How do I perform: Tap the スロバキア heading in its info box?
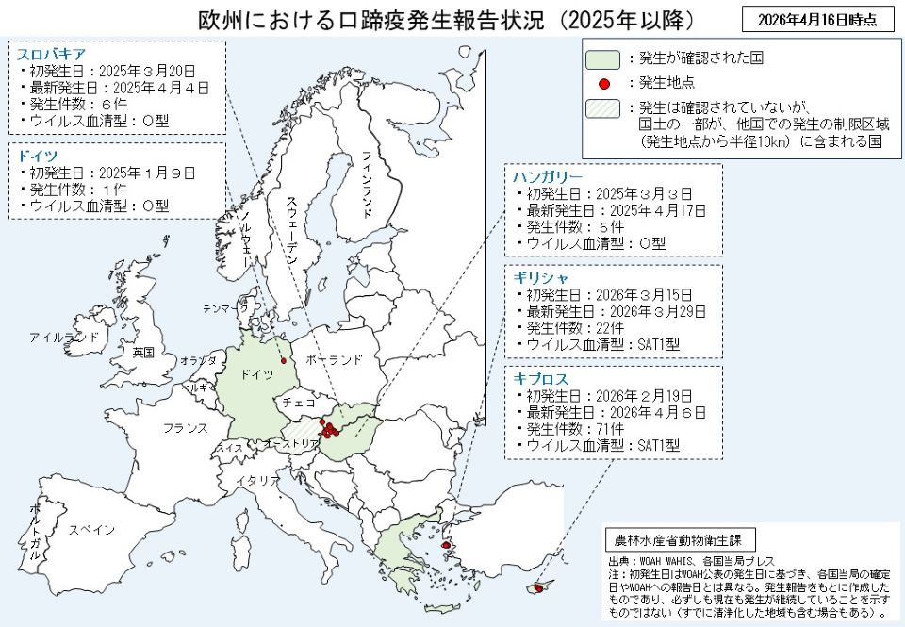(x=52, y=53)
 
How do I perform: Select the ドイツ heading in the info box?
(x=38, y=156)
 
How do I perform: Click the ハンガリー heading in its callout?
(x=548, y=176)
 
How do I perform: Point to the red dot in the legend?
(x=603, y=83)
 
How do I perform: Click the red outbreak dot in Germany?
(x=283, y=360)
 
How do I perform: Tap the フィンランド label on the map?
(x=370, y=183)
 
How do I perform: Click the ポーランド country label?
(x=334, y=360)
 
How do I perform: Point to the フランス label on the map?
(x=185, y=428)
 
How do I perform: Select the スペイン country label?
(x=91, y=529)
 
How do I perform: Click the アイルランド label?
(x=64, y=337)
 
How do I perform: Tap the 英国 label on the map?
(x=143, y=352)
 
